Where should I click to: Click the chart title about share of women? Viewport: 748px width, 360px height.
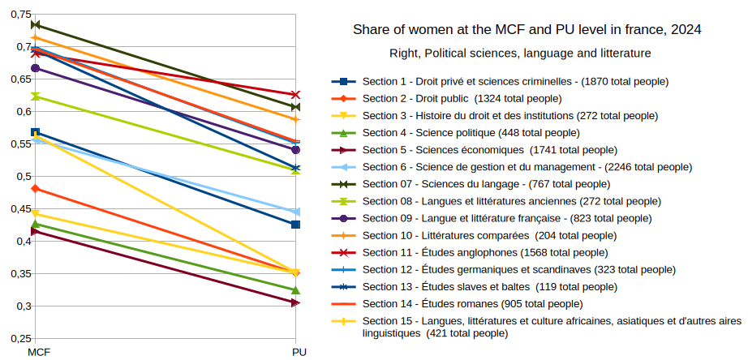[x=527, y=30]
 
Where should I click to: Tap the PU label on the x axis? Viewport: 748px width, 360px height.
[x=299, y=352]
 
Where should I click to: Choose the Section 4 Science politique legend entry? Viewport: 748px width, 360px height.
[x=470, y=132]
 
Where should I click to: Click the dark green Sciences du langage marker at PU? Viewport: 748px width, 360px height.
[x=295, y=107]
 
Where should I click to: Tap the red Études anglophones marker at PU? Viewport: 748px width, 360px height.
[x=295, y=95]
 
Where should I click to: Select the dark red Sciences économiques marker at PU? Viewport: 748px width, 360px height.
[x=295, y=302]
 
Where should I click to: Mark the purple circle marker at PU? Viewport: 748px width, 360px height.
[x=295, y=149]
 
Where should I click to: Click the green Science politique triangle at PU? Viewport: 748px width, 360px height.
[x=295, y=290]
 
